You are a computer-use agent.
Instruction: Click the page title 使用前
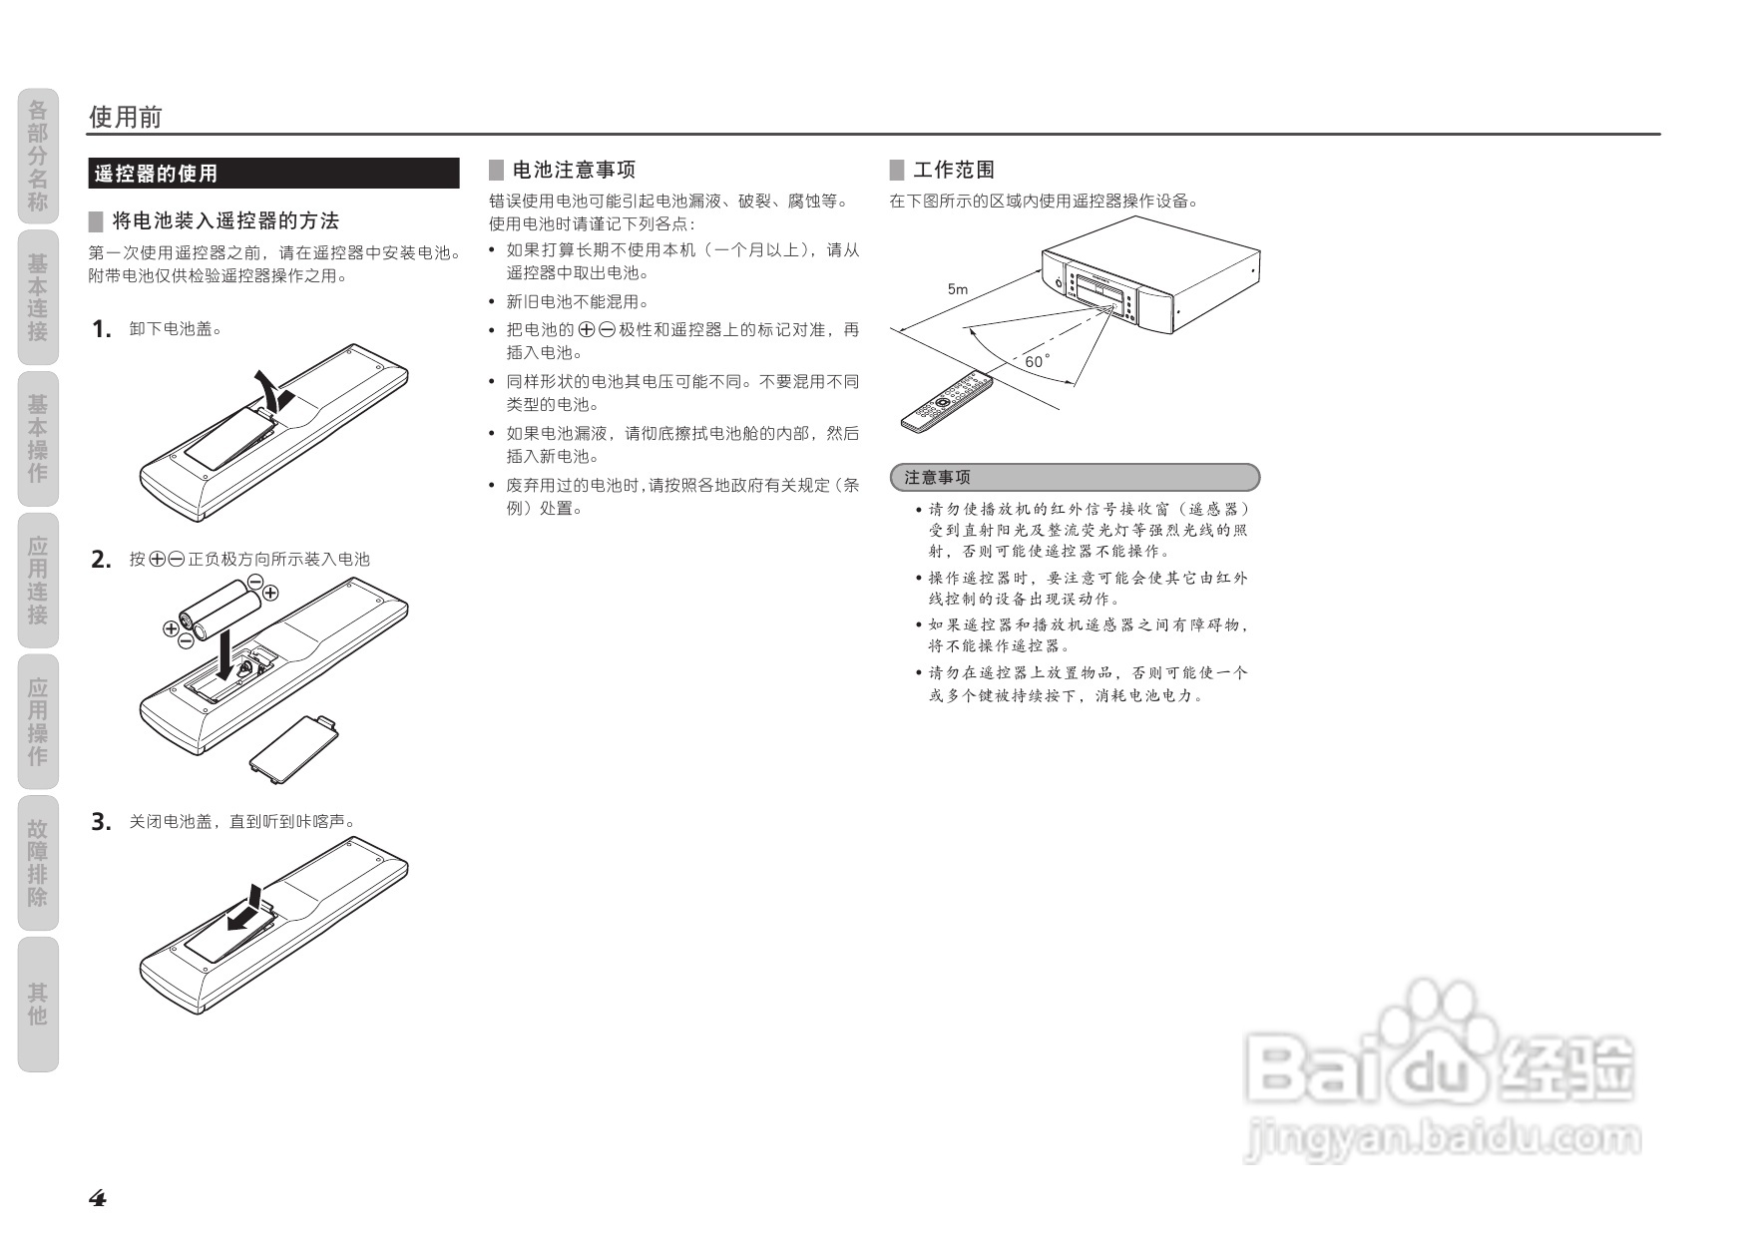(125, 117)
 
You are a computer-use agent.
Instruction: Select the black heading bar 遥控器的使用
(273, 174)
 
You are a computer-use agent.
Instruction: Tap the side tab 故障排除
(38, 863)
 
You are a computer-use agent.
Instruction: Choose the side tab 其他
(38, 1004)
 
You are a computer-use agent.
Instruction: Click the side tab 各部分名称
(38, 156)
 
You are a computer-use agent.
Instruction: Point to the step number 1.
(101, 329)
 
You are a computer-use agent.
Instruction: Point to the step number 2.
(101, 560)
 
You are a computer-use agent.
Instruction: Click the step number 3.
(101, 822)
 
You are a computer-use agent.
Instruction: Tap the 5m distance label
(958, 289)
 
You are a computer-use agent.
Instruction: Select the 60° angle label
(1037, 361)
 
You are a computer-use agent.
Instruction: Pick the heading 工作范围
(953, 171)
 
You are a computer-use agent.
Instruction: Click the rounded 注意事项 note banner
(1075, 478)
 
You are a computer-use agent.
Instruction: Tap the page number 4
(98, 1198)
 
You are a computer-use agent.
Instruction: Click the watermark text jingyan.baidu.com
(1443, 1138)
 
